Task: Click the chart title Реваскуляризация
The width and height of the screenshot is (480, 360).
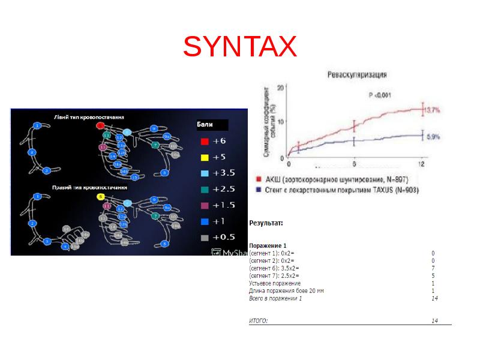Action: coord(356,75)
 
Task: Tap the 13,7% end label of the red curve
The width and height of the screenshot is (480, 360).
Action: coord(433,110)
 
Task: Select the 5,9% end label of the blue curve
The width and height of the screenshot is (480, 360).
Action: coord(433,137)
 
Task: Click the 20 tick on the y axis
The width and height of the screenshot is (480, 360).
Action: coord(279,88)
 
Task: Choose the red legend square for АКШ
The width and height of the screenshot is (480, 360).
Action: coord(259,179)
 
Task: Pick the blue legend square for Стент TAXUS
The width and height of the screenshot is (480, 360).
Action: coord(259,189)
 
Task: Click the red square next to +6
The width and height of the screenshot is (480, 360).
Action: coord(204,142)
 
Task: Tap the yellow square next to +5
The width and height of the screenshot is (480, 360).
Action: coord(204,157)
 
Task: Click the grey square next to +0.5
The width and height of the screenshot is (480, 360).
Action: coord(204,237)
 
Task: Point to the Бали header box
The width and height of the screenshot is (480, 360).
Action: coord(212,125)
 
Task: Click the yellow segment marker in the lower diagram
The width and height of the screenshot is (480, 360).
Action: coord(100,196)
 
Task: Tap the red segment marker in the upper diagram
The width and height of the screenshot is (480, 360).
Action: coord(101,125)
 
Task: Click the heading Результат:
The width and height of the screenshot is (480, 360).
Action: coord(266,223)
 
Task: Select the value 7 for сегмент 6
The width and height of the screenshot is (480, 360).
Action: coord(433,268)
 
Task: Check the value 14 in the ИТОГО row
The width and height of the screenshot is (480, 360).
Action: coord(435,320)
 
